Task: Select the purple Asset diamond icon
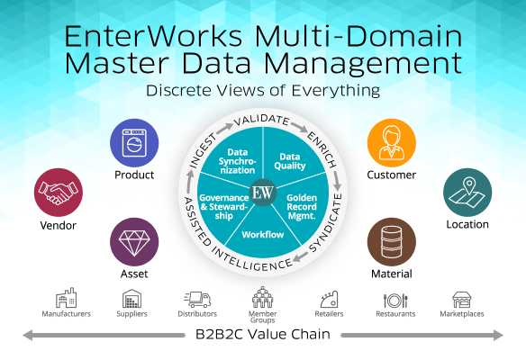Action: point(134,242)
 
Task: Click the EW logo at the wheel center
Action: point(263,193)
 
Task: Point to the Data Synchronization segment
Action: point(237,160)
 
